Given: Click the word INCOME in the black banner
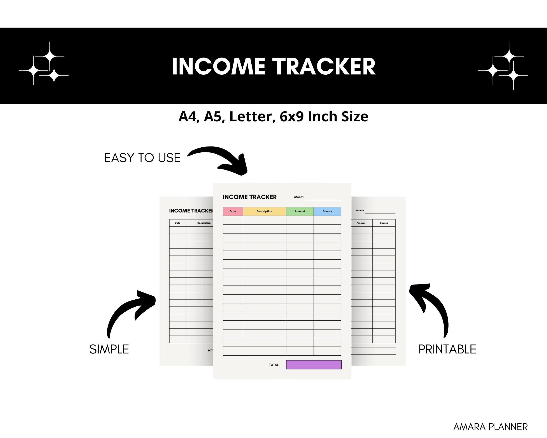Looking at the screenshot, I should click(x=218, y=67).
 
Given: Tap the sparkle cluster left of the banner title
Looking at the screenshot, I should click(x=44, y=66).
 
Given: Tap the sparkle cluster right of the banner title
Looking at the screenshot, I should click(x=503, y=66).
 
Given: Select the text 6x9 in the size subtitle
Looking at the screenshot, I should click(x=292, y=117).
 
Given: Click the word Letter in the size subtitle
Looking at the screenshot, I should click(x=252, y=117).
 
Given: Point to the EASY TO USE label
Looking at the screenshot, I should click(x=142, y=158).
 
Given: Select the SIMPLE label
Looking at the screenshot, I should click(x=109, y=349).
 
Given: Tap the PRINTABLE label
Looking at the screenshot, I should click(x=447, y=349).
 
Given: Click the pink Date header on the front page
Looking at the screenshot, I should click(x=233, y=211).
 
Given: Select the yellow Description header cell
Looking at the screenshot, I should click(x=264, y=211).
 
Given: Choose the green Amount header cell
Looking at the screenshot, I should click(x=300, y=211).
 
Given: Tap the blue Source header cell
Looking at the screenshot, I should click(x=327, y=211).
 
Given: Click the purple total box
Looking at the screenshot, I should click(x=314, y=365).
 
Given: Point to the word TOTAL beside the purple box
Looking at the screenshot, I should click(x=273, y=365).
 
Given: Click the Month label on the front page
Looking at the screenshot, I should click(x=299, y=197).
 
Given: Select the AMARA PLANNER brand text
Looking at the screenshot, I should click(x=490, y=427).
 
